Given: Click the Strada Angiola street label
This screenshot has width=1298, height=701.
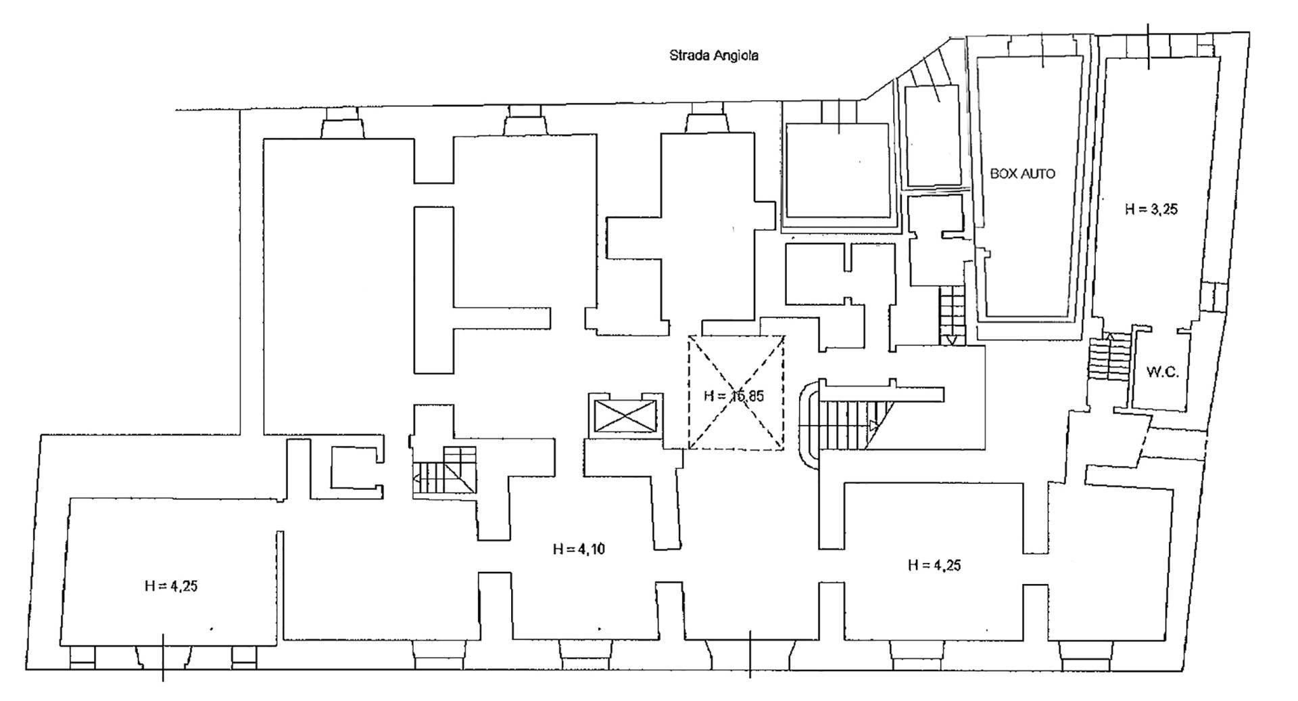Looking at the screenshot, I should pos(713,55).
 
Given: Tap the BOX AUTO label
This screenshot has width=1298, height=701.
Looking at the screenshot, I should pos(1022,174).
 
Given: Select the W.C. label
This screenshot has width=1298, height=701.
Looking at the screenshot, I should pos(1163,372).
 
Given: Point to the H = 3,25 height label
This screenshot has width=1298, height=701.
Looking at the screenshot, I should pos(1151,210).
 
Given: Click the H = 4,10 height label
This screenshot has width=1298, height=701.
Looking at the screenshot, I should pos(579,549).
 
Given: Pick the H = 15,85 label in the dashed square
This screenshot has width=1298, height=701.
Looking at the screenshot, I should pos(734,396).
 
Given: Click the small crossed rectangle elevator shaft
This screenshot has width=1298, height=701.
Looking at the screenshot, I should pos(623,415).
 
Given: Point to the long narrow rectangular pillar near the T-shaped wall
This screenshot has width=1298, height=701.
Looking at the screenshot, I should pos(433,290).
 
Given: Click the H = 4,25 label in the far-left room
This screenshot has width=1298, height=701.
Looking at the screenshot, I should pos(170,587).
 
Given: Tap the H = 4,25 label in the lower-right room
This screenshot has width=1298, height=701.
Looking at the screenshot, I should pos(934,566).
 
